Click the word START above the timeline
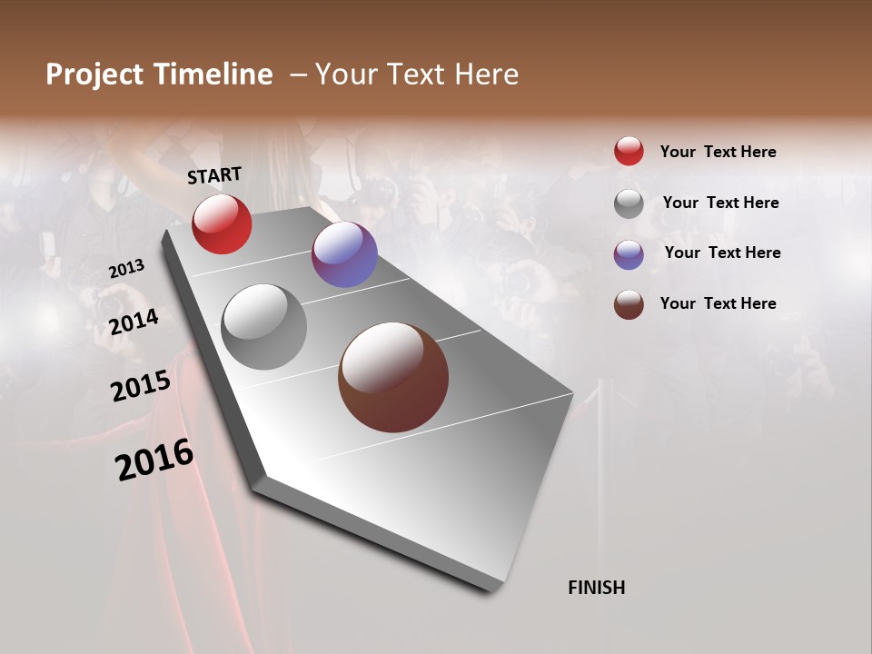214,175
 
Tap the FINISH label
596,588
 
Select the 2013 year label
127,269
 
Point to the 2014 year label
134,322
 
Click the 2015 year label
141,386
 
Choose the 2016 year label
154,460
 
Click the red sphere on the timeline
222,224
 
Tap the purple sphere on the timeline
344,254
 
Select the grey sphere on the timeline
264,327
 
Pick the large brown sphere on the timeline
393,377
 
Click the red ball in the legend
629,151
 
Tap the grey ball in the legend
629,203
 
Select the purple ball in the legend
629,254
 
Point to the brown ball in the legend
629,304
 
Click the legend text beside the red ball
718,152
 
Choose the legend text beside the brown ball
718,303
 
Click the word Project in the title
94,74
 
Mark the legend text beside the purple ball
722,253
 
